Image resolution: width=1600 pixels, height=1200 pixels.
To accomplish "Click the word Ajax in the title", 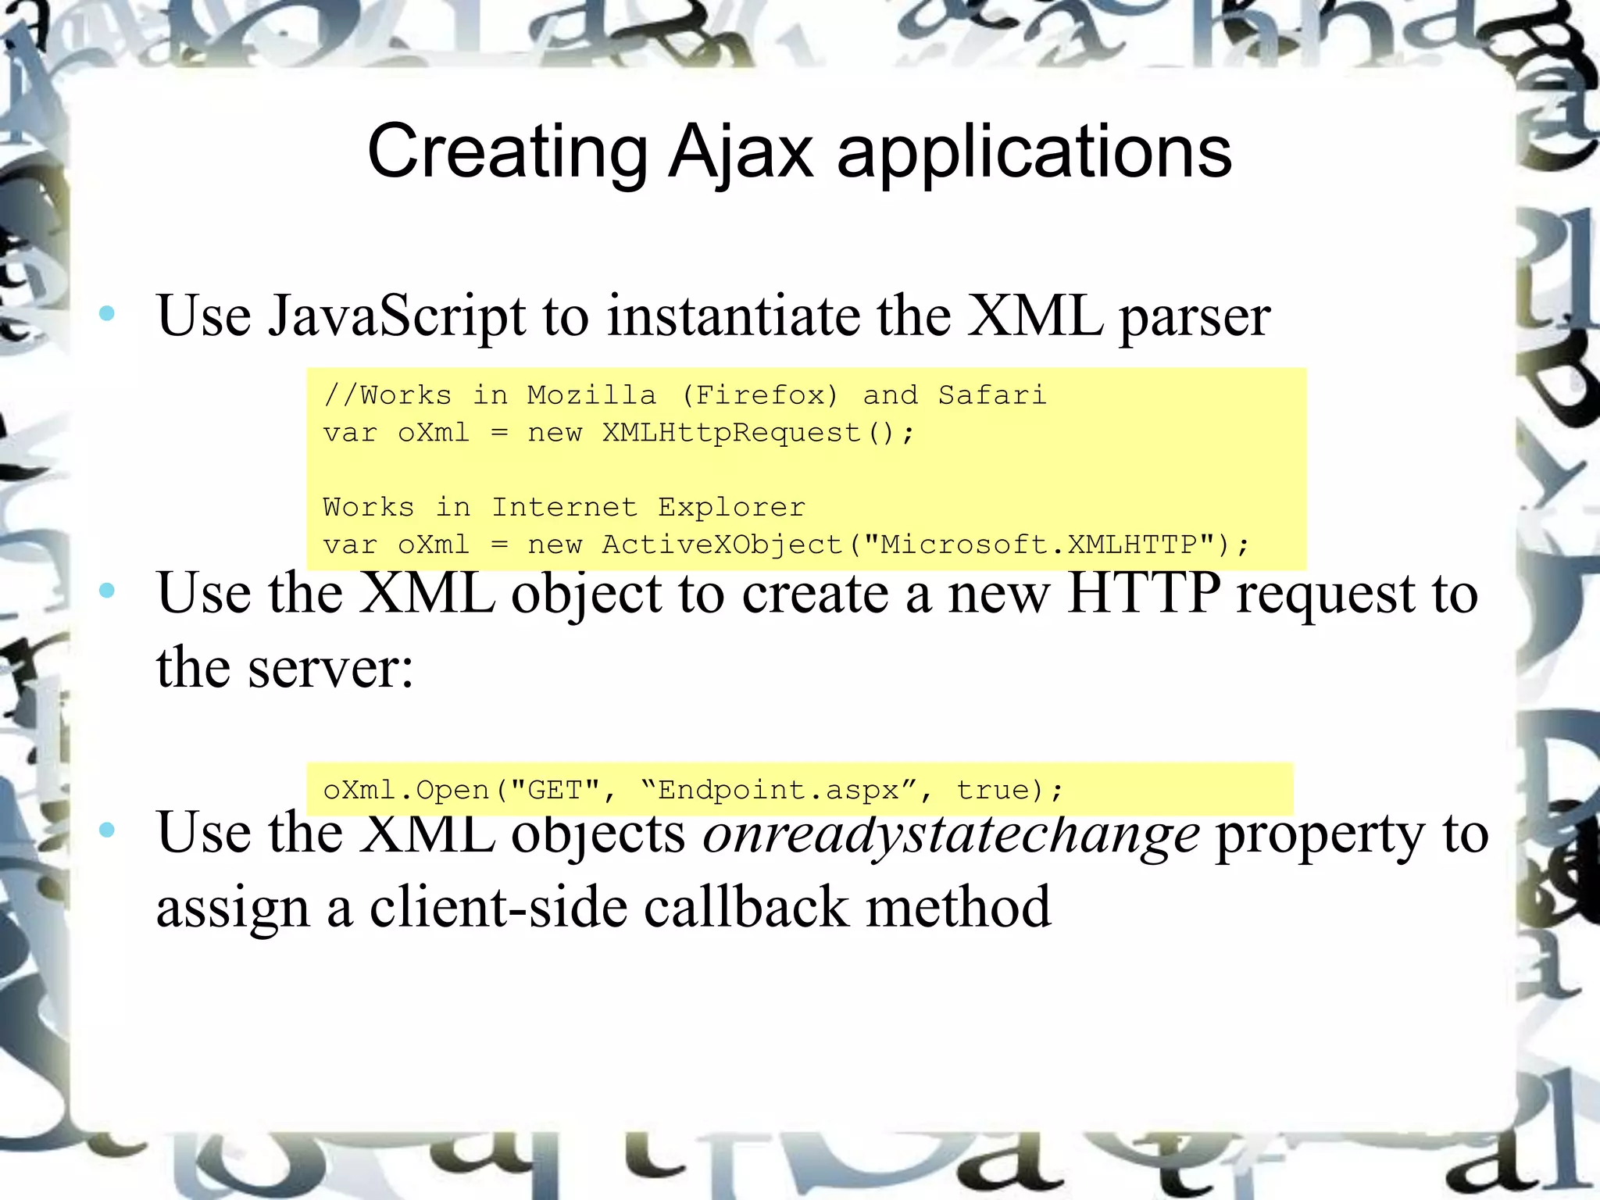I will (x=741, y=152).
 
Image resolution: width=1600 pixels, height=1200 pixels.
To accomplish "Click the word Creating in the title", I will (x=507, y=152).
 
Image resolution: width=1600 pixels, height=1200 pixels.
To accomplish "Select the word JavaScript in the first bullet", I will (x=397, y=316).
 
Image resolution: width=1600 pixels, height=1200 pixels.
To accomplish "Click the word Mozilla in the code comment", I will (x=591, y=395).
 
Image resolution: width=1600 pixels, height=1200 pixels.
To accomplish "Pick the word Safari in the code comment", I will (x=991, y=395).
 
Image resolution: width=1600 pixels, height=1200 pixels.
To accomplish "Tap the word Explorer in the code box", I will (x=731, y=508).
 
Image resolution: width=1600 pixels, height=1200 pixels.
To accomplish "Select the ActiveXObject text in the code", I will (x=723, y=545).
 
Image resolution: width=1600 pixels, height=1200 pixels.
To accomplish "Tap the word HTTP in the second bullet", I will (x=1143, y=593).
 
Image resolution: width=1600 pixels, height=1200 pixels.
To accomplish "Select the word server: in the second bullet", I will (x=330, y=669).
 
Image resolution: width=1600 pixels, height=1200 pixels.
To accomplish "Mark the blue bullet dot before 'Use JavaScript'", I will (x=107, y=314).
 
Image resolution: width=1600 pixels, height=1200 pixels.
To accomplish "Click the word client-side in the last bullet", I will (x=498, y=908).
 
